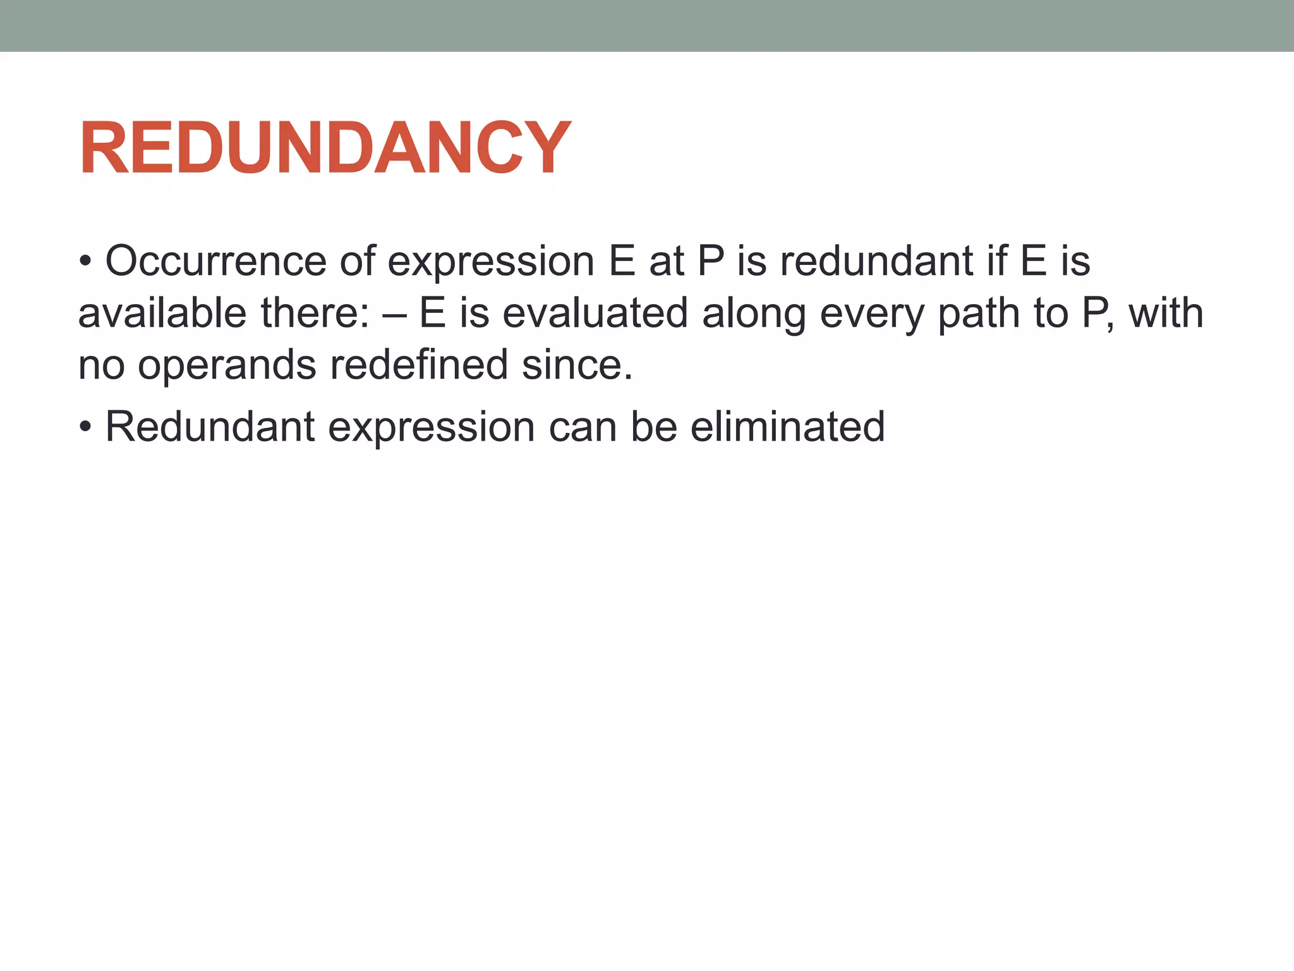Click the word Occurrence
pyautogui.click(x=215, y=261)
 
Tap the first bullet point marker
pyautogui.click(x=86, y=262)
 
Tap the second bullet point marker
pyautogui.click(x=86, y=428)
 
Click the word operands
pyautogui.click(x=226, y=365)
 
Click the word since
pyautogui.click(x=576, y=365)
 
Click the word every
pyautogui.click(x=872, y=314)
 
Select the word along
pyautogui.click(x=754, y=314)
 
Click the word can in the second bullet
pyautogui.click(x=582, y=428)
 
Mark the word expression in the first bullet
pyautogui.click(x=490, y=262)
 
